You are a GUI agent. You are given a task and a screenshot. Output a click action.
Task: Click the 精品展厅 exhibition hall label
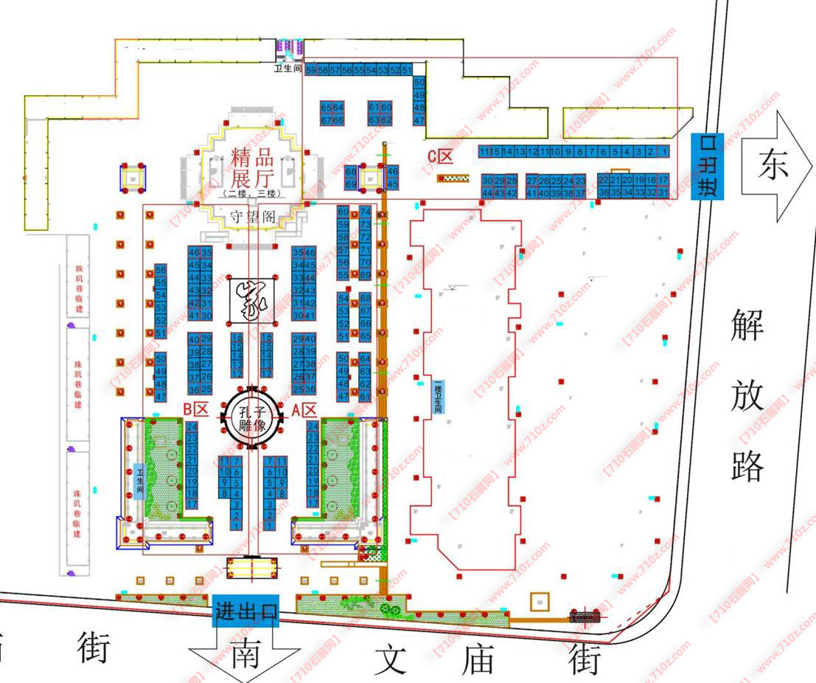(252, 167)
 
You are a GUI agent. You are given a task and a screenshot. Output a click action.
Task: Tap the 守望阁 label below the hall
(253, 216)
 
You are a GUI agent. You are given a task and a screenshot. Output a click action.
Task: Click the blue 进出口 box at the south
(247, 611)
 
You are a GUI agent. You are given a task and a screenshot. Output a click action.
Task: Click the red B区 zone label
(197, 409)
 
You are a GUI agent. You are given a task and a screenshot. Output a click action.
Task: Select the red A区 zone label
(304, 409)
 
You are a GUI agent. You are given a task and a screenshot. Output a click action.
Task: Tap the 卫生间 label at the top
(288, 69)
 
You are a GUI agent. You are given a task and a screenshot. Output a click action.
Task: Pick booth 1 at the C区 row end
(663, 152)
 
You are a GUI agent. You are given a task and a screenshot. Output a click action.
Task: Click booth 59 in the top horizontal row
(310, 69)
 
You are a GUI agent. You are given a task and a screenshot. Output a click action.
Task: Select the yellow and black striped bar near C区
(453, 178)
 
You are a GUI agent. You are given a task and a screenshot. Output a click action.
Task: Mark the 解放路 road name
(748, 394)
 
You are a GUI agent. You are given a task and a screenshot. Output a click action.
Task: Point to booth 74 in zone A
(365, 212)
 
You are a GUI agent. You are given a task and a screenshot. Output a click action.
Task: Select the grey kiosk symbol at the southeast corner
(586, 614)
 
